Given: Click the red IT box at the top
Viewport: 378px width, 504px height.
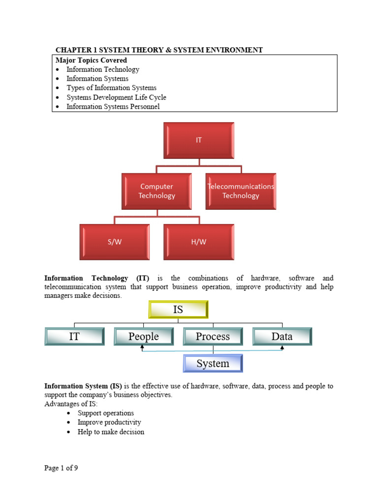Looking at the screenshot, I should [x=199, y=140].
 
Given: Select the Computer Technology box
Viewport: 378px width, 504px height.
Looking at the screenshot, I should [x=157, y=191].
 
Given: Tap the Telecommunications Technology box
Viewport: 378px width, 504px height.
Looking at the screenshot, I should [x=241, y=191].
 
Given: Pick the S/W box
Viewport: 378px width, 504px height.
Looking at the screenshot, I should [x=115, y=242].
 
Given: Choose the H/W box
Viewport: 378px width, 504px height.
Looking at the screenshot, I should [x=199, y=242].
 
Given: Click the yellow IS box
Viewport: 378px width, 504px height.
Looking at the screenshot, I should [x=178, y=310].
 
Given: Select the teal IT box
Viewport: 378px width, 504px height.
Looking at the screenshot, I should [x=74, y=337].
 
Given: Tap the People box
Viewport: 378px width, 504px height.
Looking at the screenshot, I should [x=144, y=337].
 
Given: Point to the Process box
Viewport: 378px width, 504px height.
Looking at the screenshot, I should [x=213, y=337].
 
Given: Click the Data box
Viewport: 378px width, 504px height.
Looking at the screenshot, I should [x=282, y=337].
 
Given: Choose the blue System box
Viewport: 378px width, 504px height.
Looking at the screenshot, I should [x=213, y=364].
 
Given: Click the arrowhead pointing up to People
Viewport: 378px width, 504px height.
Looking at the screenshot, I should [x=142, y=348].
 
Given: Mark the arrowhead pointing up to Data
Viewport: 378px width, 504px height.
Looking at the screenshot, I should [x=282, y=348].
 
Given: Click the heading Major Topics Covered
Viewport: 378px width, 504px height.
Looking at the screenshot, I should [x=91, y=60].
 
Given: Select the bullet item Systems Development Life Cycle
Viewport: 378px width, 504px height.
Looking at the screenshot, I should [x=116, y=97].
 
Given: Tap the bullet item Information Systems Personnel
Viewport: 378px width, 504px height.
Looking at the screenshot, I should [x=113, y=106].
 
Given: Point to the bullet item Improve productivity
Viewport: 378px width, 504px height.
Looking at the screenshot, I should [x=109, y=422].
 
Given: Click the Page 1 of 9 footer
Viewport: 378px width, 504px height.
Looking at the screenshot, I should [x=61, y=468].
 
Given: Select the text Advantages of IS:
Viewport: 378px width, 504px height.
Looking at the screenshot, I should [x=71, y=404].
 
